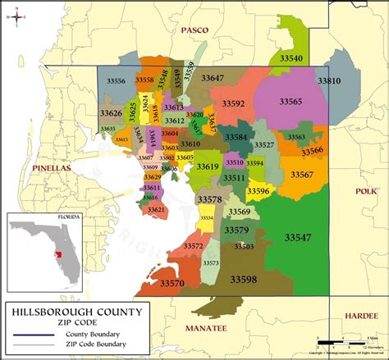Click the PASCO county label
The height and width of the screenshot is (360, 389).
click(x=194, y=30)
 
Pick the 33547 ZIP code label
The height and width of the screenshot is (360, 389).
click(x=298, y=237)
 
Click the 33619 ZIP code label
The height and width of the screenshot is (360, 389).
click(x=207, y=166)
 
